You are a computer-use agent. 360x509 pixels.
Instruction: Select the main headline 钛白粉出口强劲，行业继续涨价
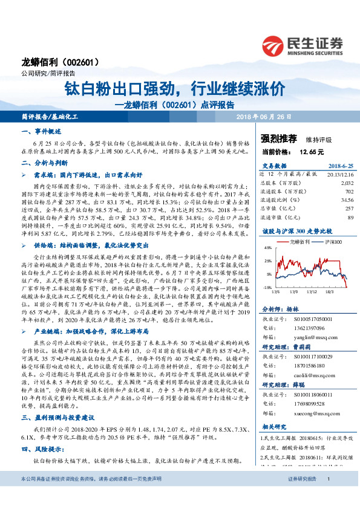click(x=175, y=89)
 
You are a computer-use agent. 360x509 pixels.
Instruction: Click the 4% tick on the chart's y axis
click(x=267, y=248)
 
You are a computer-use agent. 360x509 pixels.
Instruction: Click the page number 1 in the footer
click(x=327, y=496)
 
